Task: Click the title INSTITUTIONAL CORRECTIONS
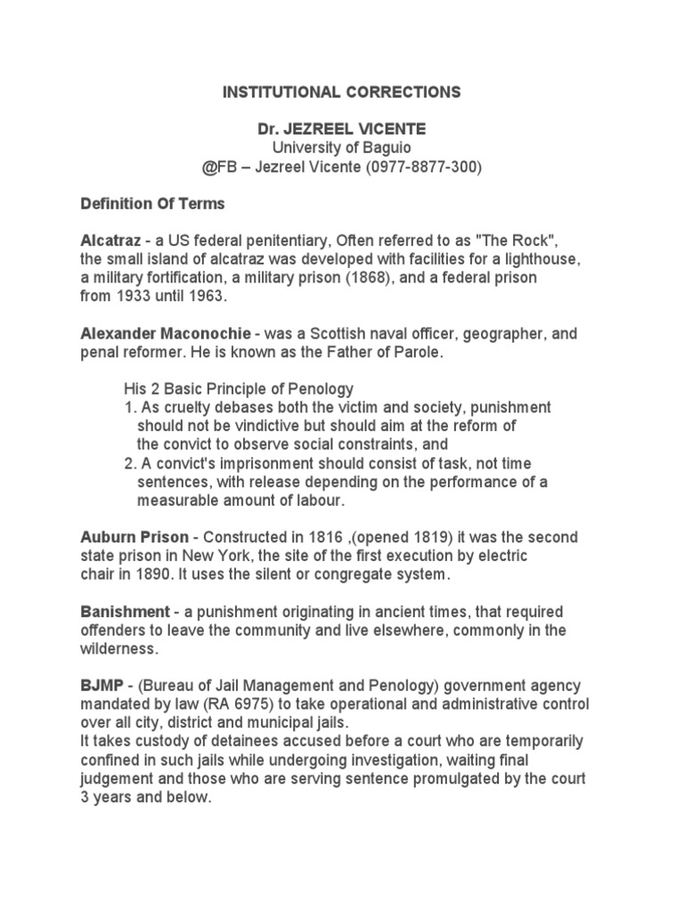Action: [342, 92]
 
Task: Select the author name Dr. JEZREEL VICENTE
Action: [342, 129]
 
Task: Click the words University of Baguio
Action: [342, 148]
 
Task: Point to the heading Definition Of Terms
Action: [152, 204]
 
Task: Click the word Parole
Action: [419, 353]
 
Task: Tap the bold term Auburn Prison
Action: [134, 538]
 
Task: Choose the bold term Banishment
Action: [125, 613]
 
